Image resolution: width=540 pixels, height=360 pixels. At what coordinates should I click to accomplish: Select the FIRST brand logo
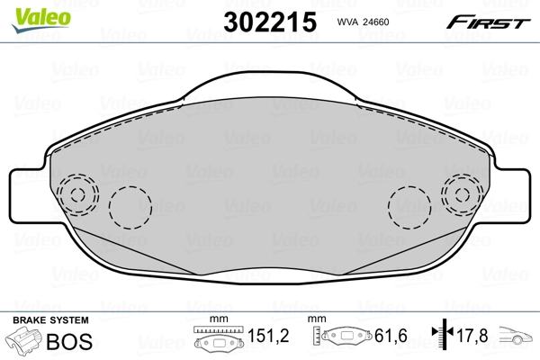tap(493, 21)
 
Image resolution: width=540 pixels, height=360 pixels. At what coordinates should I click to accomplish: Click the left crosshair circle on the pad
tap(76, 194)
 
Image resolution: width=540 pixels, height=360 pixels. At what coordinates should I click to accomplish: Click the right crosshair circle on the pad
tap(463, 194)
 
